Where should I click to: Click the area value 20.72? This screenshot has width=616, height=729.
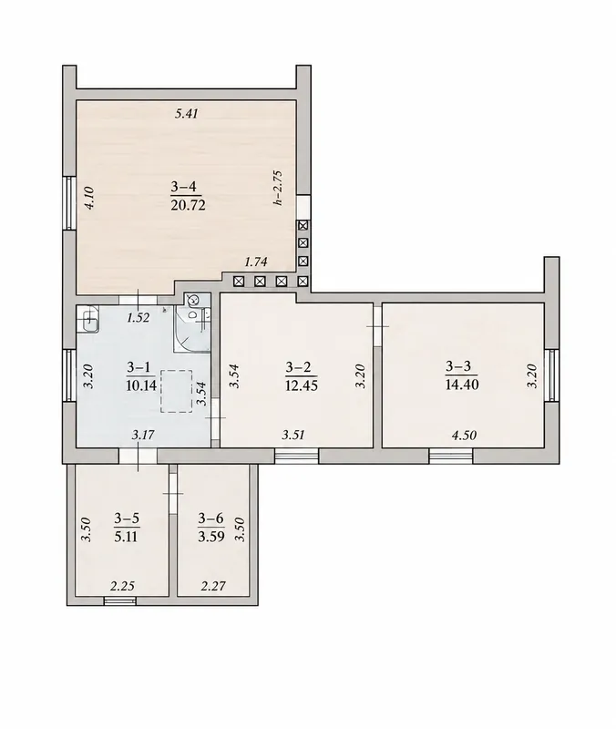[x=188, y=205]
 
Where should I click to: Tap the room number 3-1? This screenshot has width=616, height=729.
[x=139, y=367]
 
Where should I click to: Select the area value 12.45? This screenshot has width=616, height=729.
[x=302, y=385]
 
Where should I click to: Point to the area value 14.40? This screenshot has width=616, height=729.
[x=462, y=385]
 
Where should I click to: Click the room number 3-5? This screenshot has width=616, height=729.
[x=127, y=519]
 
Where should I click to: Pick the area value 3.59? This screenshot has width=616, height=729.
[x=211, y=537]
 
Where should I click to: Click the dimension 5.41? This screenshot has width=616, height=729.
[x=187, y=113]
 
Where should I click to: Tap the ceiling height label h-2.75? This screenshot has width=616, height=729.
[x=278, y=188]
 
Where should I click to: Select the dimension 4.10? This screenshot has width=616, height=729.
[x=88, y=198]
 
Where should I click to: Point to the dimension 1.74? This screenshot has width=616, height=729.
[x=256, y=262]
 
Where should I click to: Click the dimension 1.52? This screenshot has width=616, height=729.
[x=139, y=318]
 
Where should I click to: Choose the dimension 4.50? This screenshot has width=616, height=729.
[x=465, y=436]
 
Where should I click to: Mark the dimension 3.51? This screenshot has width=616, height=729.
[x=293, y=436]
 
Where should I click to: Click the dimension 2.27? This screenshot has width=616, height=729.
[x=213, y=586]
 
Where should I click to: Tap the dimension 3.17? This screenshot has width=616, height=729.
[x=143, y=436]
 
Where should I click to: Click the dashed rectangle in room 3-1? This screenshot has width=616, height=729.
[x=176, y=391]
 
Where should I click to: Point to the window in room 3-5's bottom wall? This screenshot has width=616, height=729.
[x=120, y=601]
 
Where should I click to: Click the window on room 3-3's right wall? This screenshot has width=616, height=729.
[x=551, y=375]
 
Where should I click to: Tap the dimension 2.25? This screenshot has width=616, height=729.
[x=122, y=586]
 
